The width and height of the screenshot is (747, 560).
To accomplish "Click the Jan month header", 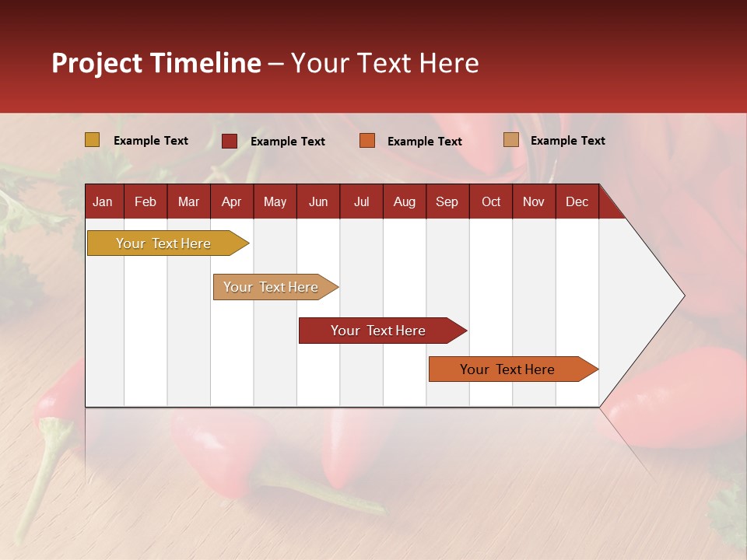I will pos(103,202).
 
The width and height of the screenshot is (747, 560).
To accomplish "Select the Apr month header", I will pos(231,202).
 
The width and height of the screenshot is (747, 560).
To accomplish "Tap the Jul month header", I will pos(361,202).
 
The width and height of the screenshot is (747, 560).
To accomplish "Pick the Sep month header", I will pos(447,202).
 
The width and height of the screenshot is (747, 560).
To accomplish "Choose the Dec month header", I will pos(577,202).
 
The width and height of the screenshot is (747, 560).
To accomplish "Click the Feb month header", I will pos(146,202).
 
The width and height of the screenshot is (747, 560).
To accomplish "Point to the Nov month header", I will pos(533,202).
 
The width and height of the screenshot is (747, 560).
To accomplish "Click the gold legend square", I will pos(93,140).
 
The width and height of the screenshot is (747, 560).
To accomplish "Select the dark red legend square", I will pos(230,141).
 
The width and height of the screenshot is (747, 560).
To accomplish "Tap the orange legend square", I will pos(367,141).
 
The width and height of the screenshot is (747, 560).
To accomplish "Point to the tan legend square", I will pos(511,140).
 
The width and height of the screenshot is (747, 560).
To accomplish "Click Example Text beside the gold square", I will pos(151,141).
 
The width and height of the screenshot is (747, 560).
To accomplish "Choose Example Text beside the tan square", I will pos(567,141).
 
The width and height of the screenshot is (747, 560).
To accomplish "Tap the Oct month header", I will pos(491,202).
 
